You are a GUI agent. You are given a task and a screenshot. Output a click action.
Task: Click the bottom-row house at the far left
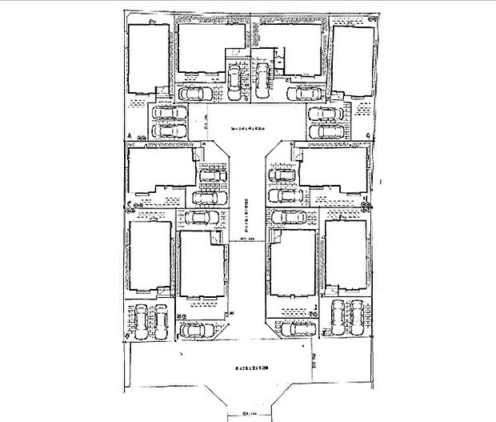coord(149,255)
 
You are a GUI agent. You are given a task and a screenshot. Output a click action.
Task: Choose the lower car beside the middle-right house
coord(283,194)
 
